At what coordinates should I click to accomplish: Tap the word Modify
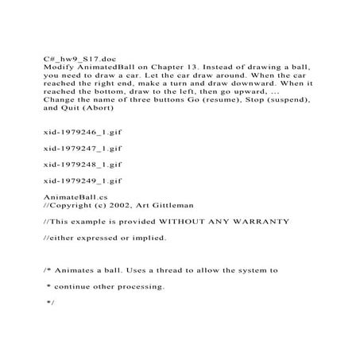pyautogui.click(x=57, y=68)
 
